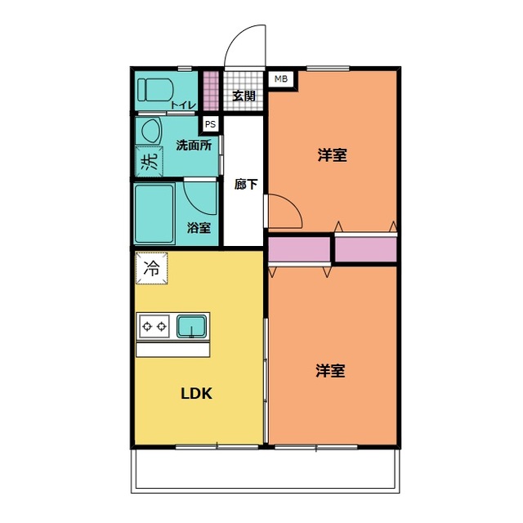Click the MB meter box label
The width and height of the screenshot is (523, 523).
[280, 79]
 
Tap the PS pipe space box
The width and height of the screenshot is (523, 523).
[211, 125]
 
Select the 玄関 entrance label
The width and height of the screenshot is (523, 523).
[244, 96]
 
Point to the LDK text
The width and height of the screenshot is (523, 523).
[197, 393]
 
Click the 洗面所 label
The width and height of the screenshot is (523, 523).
[194, 146]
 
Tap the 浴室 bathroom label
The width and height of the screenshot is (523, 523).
[199, 228]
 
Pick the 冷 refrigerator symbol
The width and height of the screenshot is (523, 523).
[152, 266]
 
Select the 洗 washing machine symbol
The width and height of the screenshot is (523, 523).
[148, 162]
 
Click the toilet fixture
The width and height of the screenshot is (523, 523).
[153, 87]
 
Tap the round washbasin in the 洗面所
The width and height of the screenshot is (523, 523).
[150, 131]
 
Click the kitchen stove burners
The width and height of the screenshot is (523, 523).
[154, 327]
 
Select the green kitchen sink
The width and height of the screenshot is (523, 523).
[192, 327]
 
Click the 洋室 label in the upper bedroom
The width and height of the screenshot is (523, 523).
[332, 154]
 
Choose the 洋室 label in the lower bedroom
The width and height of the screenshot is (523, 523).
[331, 371]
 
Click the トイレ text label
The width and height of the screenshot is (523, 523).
[182, 104]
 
